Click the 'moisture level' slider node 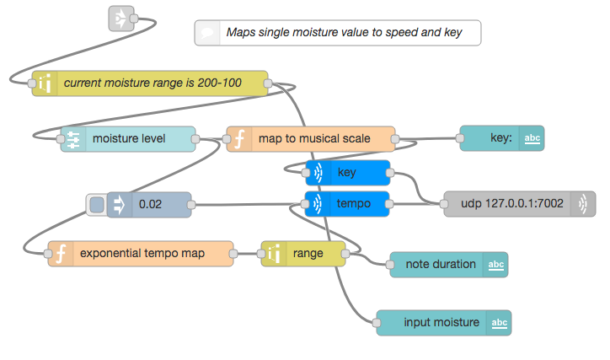coord(128,139)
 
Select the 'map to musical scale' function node coord(311,139)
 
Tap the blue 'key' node coord(348,172)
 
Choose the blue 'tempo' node coord(347,204)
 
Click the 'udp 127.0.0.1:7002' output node coord(520,204)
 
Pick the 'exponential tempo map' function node coord(141,254)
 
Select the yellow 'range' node coord(303,254)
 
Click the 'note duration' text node coord(449,265)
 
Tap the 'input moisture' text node coord(444,323)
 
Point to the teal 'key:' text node coord(502,138)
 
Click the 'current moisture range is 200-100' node coord(150,83)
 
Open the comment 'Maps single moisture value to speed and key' coord(338,33)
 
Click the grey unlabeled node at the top coord(121,19)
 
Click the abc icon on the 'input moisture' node coord(499,323)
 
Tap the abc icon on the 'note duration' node coord(496,265)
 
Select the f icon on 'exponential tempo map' coord(61,254)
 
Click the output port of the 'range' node coord(345,254)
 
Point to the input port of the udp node coord(444,204)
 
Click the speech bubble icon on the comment coord(207,33)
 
